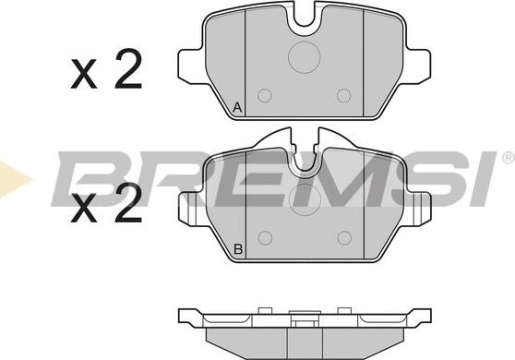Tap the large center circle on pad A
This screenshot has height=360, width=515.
(304, 57)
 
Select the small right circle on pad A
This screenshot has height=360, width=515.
(344, 95)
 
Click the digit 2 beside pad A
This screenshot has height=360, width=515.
(127, 72)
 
